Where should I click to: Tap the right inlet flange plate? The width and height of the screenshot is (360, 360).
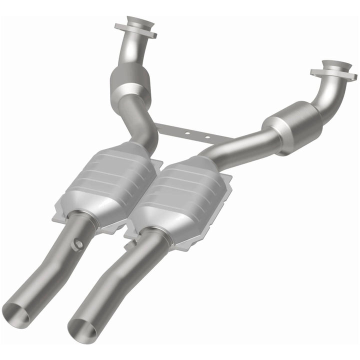pos(333,72)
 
